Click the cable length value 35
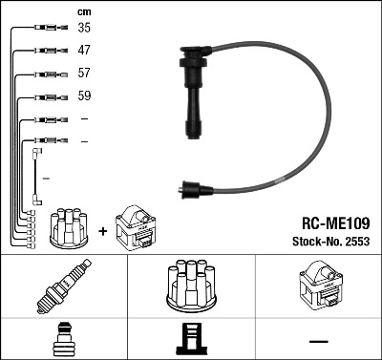(84, 29)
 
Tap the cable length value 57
(84, 72)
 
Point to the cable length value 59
(84, 96)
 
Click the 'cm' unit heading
(83, 11)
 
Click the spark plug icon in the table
(63, 288)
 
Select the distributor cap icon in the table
(190, 287)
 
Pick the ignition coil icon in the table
(318, 287)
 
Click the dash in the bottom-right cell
(318, 341)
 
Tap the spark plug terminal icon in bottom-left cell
(63, 341)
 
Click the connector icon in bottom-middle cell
(190, 341)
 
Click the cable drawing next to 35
(45, 29)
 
